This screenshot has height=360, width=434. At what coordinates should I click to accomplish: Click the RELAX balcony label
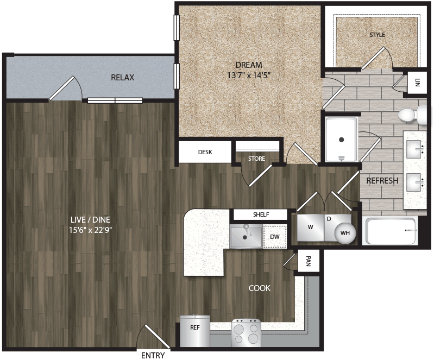click(x=122, y=78)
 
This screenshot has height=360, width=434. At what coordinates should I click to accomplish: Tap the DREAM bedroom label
click(x=248, y=65)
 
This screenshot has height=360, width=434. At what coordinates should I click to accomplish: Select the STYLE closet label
click(x=377, y=35)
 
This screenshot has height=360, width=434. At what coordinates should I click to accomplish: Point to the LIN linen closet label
click(x=417, y=83)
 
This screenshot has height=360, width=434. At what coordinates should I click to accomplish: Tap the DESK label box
click(x=205, y=153)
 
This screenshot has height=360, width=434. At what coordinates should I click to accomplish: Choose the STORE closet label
click(x=256, y=159)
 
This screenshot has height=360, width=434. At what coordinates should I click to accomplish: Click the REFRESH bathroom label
click(x=382, y=181)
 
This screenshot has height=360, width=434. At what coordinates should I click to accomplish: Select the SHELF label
click(x=260, y=214)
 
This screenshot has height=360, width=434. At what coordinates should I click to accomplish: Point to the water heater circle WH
click(x=345, y=233)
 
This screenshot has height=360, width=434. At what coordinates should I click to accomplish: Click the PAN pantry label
click(x=308, y=262)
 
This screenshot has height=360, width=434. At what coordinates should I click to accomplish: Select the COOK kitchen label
click(x=259, y=288)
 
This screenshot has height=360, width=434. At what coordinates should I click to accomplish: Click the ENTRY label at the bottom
click(x=153, y=355)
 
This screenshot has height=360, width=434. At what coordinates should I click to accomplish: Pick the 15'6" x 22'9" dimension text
click(x=90, y=230)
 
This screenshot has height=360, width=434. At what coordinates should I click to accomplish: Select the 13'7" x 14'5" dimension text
click(x=248, y=76)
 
